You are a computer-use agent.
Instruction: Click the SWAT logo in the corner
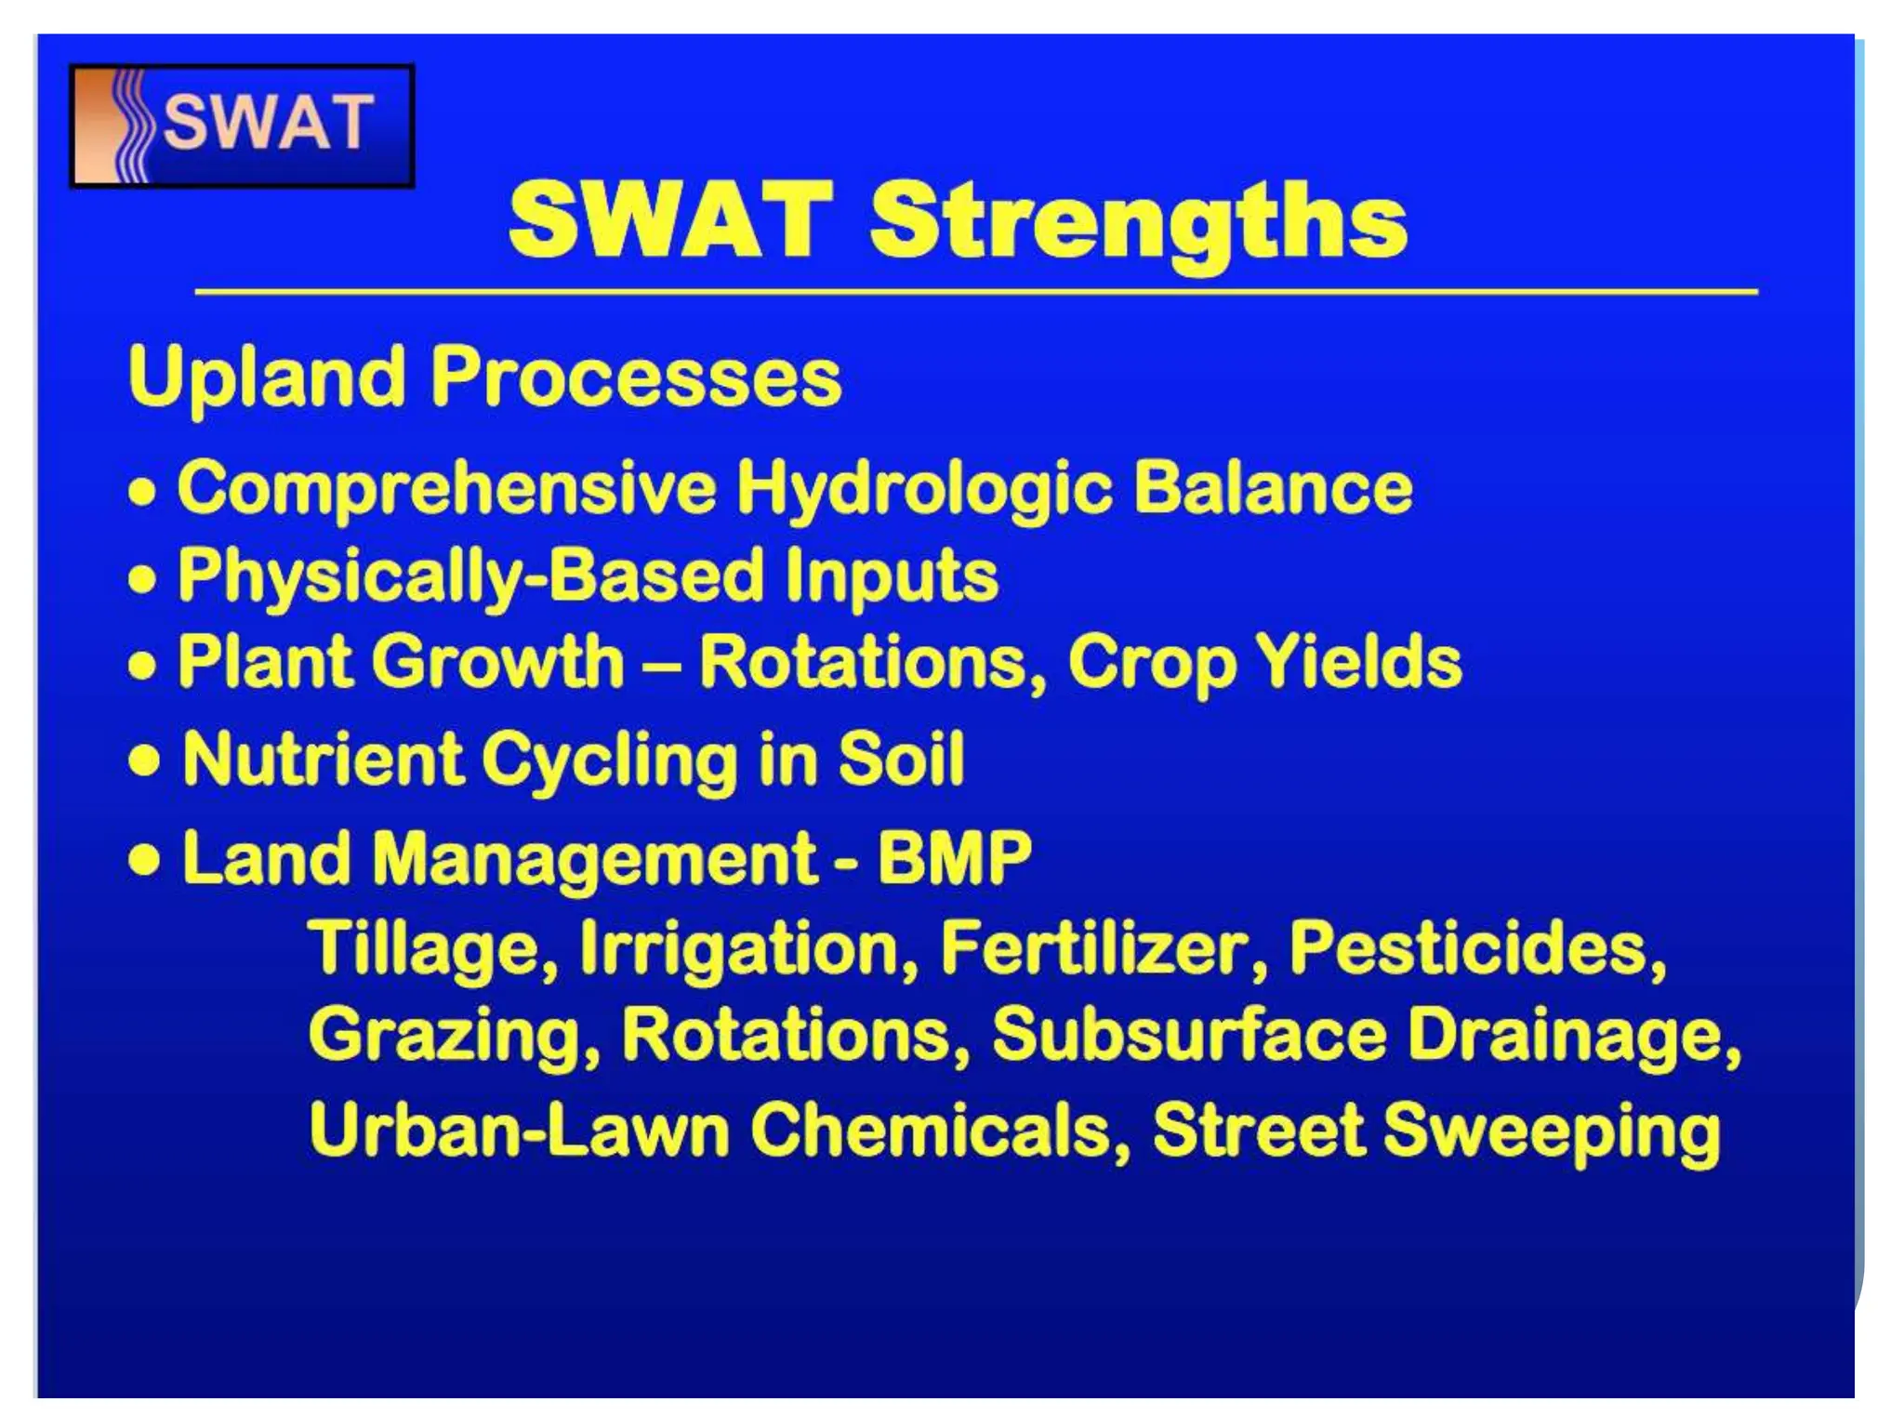point(242,126)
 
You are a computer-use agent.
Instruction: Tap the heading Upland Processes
point(484,377)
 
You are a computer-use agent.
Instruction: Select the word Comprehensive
point(446,487)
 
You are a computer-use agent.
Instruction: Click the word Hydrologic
point(924,487)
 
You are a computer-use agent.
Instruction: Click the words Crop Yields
point(1264,662)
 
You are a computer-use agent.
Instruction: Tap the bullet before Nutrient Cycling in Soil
point(144,761)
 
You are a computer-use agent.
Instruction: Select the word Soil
point(901,758)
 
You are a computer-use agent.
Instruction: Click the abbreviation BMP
point(954,856)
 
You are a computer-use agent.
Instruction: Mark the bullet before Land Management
point(144,860)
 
